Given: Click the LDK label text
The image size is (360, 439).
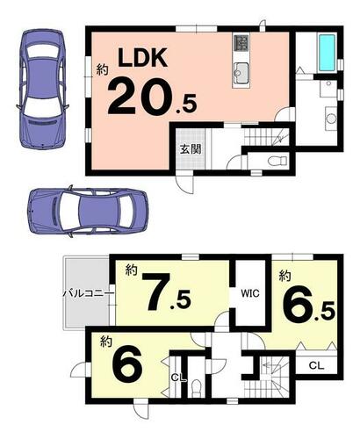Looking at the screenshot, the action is point(142,58).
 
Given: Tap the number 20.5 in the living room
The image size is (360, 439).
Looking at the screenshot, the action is point(152,97).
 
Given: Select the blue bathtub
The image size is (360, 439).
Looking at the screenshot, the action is point(328,53).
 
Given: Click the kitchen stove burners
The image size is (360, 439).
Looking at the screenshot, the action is point(241,42).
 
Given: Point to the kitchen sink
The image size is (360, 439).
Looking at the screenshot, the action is point(241,72).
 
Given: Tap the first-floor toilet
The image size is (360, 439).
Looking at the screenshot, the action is point(278,161).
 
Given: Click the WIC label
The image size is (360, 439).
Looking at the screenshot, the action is point(250,293).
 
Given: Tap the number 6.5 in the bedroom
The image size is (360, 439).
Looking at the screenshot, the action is point(308,306).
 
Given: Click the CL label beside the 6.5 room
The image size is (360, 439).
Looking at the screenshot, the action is point(316,365).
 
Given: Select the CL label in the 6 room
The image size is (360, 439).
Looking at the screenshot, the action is point(179,378).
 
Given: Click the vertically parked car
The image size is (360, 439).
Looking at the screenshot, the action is point(43,88).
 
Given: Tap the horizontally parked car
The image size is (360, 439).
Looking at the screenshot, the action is point(87,211).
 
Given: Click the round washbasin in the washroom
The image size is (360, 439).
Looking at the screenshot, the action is point(331,119).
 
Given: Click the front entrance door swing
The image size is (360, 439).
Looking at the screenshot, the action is point(184,182).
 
